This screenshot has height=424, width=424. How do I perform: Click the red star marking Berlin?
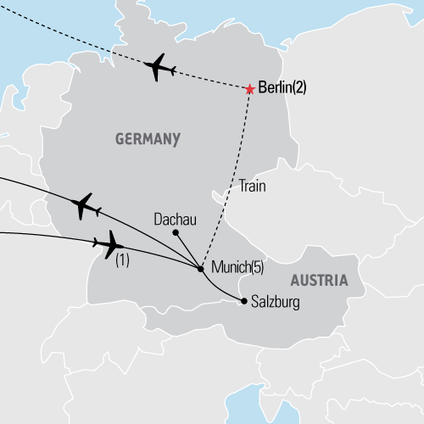[x=249, y=89]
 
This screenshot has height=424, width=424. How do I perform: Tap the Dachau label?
[x=175, y=219]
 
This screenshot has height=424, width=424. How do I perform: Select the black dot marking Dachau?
[x=175, y=232]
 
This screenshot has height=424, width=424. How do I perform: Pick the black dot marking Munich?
[x=200, y=270]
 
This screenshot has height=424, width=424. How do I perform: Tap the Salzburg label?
[x=276, y=301]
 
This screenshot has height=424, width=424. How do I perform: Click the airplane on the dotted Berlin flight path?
[x=159, y=68]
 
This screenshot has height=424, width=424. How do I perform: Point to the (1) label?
[x=121, y=263]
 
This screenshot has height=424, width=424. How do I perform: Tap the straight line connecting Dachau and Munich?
[x=187, y=251]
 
